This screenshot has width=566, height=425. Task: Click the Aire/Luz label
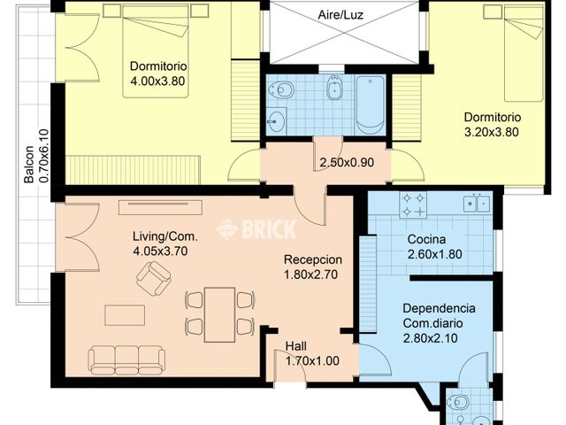pyautogui.click(x=342, y=15)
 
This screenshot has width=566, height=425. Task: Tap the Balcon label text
pyautogui.click(x=29, y=164)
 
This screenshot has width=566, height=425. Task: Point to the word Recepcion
pyautogui.click(x=312, y=259)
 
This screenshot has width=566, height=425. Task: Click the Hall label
pyautogui.click(x=296, y=346)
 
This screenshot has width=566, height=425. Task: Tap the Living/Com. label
pyautogui.click(x=164, y=236)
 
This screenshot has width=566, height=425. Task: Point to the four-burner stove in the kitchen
pyautogui.click(x=413, y=205)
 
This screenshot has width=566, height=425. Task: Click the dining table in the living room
pyautogui.click(x=219, y=313)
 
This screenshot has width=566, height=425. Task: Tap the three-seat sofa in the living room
pyautogui.click(x=126, y=359)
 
